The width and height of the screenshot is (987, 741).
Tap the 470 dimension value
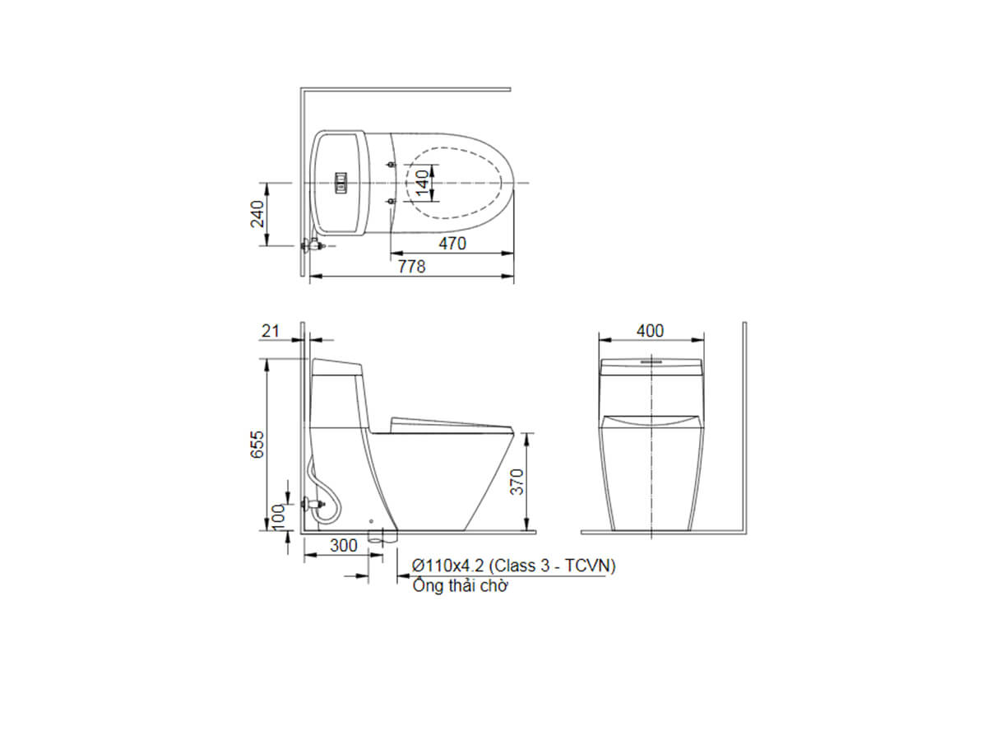click(452, 244)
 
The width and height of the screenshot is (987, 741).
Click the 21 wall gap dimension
click(271, 331)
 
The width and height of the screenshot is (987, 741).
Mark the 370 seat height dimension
click(516, 482)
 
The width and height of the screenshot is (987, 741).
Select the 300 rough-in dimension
click(343, 545)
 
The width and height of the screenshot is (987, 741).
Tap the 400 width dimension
click(650, 331)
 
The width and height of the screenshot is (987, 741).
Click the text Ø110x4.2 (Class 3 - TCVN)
click(514, 566)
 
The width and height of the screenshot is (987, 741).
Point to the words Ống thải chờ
click(461, 586)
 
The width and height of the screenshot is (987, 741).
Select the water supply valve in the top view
click(313, 245)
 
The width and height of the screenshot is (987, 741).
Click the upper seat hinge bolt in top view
click(391, 165)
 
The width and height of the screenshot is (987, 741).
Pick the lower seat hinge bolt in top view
click(391, 200)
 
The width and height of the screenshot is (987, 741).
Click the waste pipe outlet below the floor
click(382, 538)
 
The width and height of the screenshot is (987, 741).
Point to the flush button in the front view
click(651, 360)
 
